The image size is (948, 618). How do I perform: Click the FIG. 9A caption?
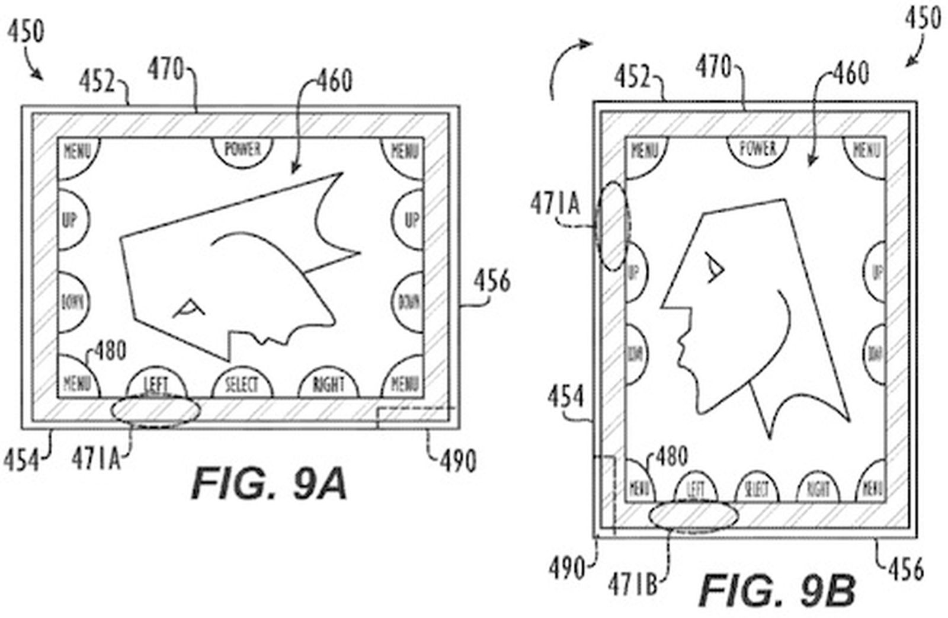268,483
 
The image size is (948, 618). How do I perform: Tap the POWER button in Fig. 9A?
243,149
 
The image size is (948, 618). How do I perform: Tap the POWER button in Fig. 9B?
758,148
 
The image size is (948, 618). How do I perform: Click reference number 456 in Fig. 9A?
492,281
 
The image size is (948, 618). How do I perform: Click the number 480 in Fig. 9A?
110,351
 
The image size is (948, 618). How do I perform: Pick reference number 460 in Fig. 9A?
334,81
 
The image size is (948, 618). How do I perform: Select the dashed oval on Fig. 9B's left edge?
613,226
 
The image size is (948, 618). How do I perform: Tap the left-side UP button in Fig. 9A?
71,220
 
